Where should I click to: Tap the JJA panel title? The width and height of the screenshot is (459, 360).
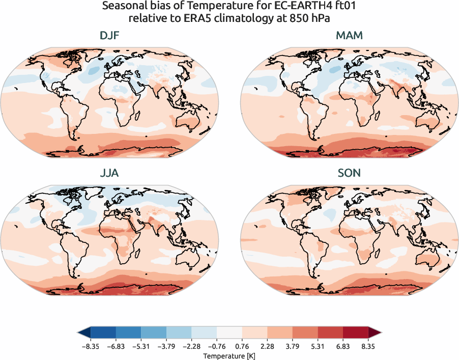point(109,173)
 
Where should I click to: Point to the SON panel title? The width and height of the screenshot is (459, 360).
point(349,173)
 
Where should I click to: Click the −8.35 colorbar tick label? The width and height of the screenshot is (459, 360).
point(91,346)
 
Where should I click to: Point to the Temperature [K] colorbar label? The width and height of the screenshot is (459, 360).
point(230,355)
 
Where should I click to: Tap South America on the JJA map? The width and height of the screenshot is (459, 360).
point(66,247)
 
